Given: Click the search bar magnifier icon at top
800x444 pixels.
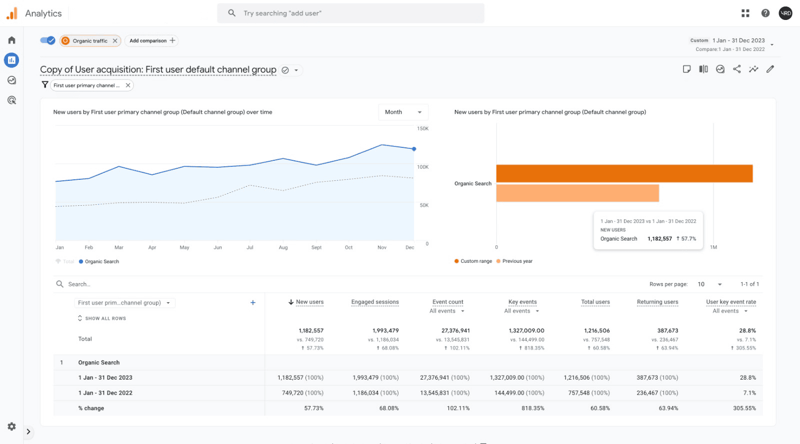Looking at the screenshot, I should pos(231,13).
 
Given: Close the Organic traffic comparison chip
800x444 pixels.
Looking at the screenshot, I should pos(115,41).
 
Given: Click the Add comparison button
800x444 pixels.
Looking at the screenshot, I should pos(152,41).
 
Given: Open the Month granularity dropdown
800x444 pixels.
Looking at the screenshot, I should pos(403,112).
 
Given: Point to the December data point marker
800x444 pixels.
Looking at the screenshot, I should pos(414,149).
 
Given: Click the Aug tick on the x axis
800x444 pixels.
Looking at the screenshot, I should pos(283,248).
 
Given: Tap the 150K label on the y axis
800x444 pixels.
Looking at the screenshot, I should pos(422,129).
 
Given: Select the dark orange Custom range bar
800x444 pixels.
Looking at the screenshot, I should pos(624,173).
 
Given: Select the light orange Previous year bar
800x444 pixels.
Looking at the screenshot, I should pos(577,193).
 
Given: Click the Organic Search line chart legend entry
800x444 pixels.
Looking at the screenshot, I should pos(101,262).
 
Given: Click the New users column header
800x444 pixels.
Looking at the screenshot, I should pos(309,302).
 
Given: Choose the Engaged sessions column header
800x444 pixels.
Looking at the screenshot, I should pos(375,302).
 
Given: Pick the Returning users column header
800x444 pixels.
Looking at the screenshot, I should pos(657,302).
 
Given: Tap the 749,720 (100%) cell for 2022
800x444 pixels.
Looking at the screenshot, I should pos(302,393).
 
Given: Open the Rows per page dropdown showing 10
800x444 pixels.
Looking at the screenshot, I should pos(709,284).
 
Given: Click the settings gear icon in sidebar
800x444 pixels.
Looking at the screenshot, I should pos(11,427).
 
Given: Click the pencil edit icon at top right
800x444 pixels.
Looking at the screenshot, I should pos(770,69).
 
